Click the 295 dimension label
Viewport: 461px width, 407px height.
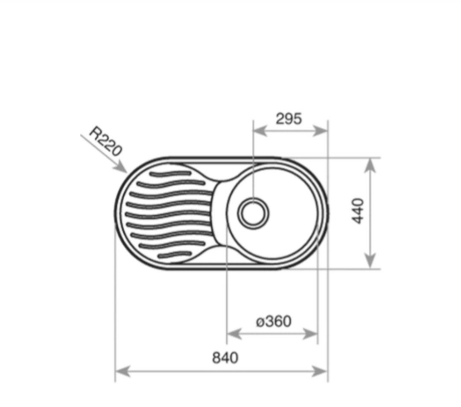click(289, 118)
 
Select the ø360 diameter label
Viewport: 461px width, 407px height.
click(274, 321)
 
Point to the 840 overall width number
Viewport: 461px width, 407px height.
click(225, 358)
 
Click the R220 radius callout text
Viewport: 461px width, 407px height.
click(105, 141)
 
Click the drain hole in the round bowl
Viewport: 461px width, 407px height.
click(254, 213)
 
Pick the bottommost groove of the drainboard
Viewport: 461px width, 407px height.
click(175, 255)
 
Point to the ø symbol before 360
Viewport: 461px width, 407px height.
click(260, 322)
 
